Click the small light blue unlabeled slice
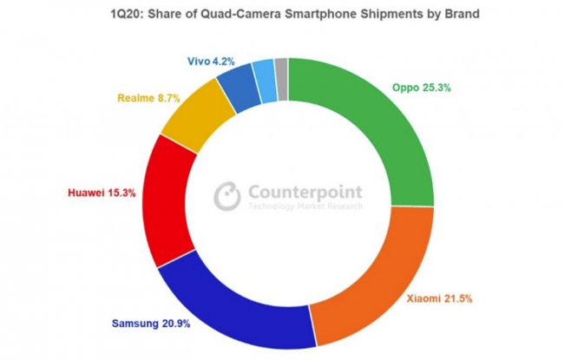click(x=266, y=77)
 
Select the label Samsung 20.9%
click(x=149, y=324)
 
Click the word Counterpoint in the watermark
click(x=304, y=193)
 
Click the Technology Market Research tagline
click(x=304, y=208)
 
